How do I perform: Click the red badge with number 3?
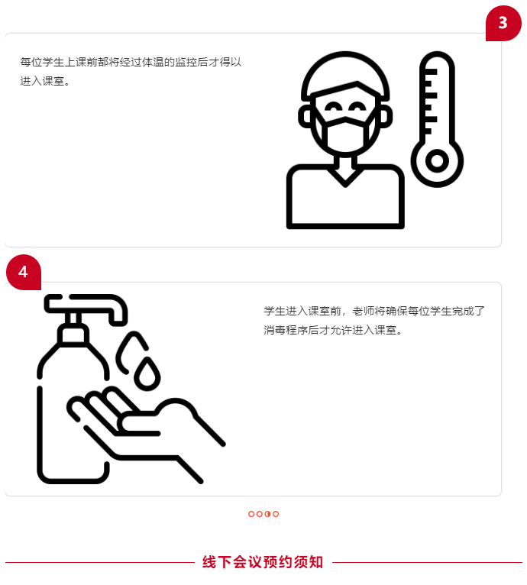coord(503,23)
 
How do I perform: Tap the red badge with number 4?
coord(24,272)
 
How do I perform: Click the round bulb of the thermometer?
coord(437,161)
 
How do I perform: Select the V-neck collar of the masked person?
coord(345,177)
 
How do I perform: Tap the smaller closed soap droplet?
coord(147,374)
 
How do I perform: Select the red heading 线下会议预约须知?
coord(263,562)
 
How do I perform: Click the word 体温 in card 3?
coord(153,62)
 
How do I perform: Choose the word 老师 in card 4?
coord(364,311)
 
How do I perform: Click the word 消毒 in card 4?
coord(275,330)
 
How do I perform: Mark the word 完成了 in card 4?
coord(468,311)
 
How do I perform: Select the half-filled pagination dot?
coord(267,514)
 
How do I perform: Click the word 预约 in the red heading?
coord(278,562)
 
